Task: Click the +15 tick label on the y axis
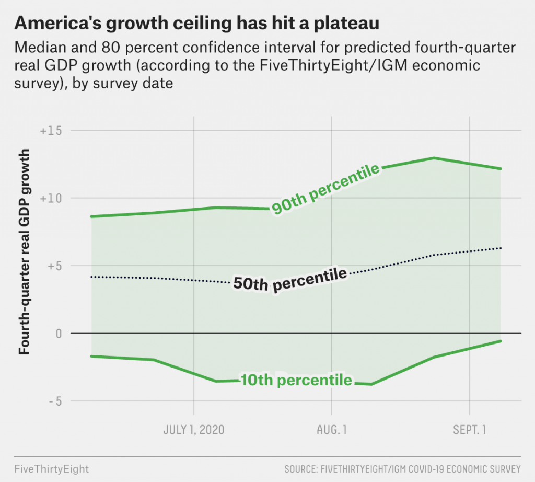pos(51,130)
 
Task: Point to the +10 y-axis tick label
pos(51,198)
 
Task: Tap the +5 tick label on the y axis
pos(54,266)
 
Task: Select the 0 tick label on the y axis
pos(59,333)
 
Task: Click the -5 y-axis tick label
pos(55,401)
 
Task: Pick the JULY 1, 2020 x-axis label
pos(194,430)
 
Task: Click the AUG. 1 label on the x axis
pos(332,430)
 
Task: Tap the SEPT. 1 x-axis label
pos(470,430)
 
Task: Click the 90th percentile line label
pos(325,189)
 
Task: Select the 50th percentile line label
pos(290,280)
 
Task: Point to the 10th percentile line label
pos(296,380)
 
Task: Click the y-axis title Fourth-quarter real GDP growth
pos(24,251)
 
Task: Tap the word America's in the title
pos(57,23)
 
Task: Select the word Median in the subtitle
pos(40,47)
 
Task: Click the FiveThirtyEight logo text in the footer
pos(52,469)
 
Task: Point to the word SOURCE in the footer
pos(300,469)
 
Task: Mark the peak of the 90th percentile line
pos(434,158)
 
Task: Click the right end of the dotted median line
pos(501,248)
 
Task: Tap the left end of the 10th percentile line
pos(91,356)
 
